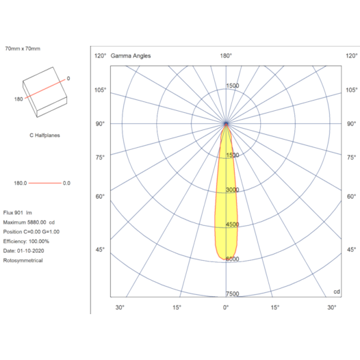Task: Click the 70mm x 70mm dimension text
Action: point(23,49)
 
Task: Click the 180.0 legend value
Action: point(20,183)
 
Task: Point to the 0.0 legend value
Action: point(66,183)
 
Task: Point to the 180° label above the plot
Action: point(226,55)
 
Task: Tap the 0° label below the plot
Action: point(226,307)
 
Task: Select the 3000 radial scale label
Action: point(232,190)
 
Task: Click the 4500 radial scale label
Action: point(232,224)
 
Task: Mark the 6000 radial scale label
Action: point(232,259)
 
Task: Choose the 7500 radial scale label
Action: point(232,294)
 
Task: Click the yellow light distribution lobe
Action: point(227,205)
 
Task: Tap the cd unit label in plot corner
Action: point(336,292)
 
